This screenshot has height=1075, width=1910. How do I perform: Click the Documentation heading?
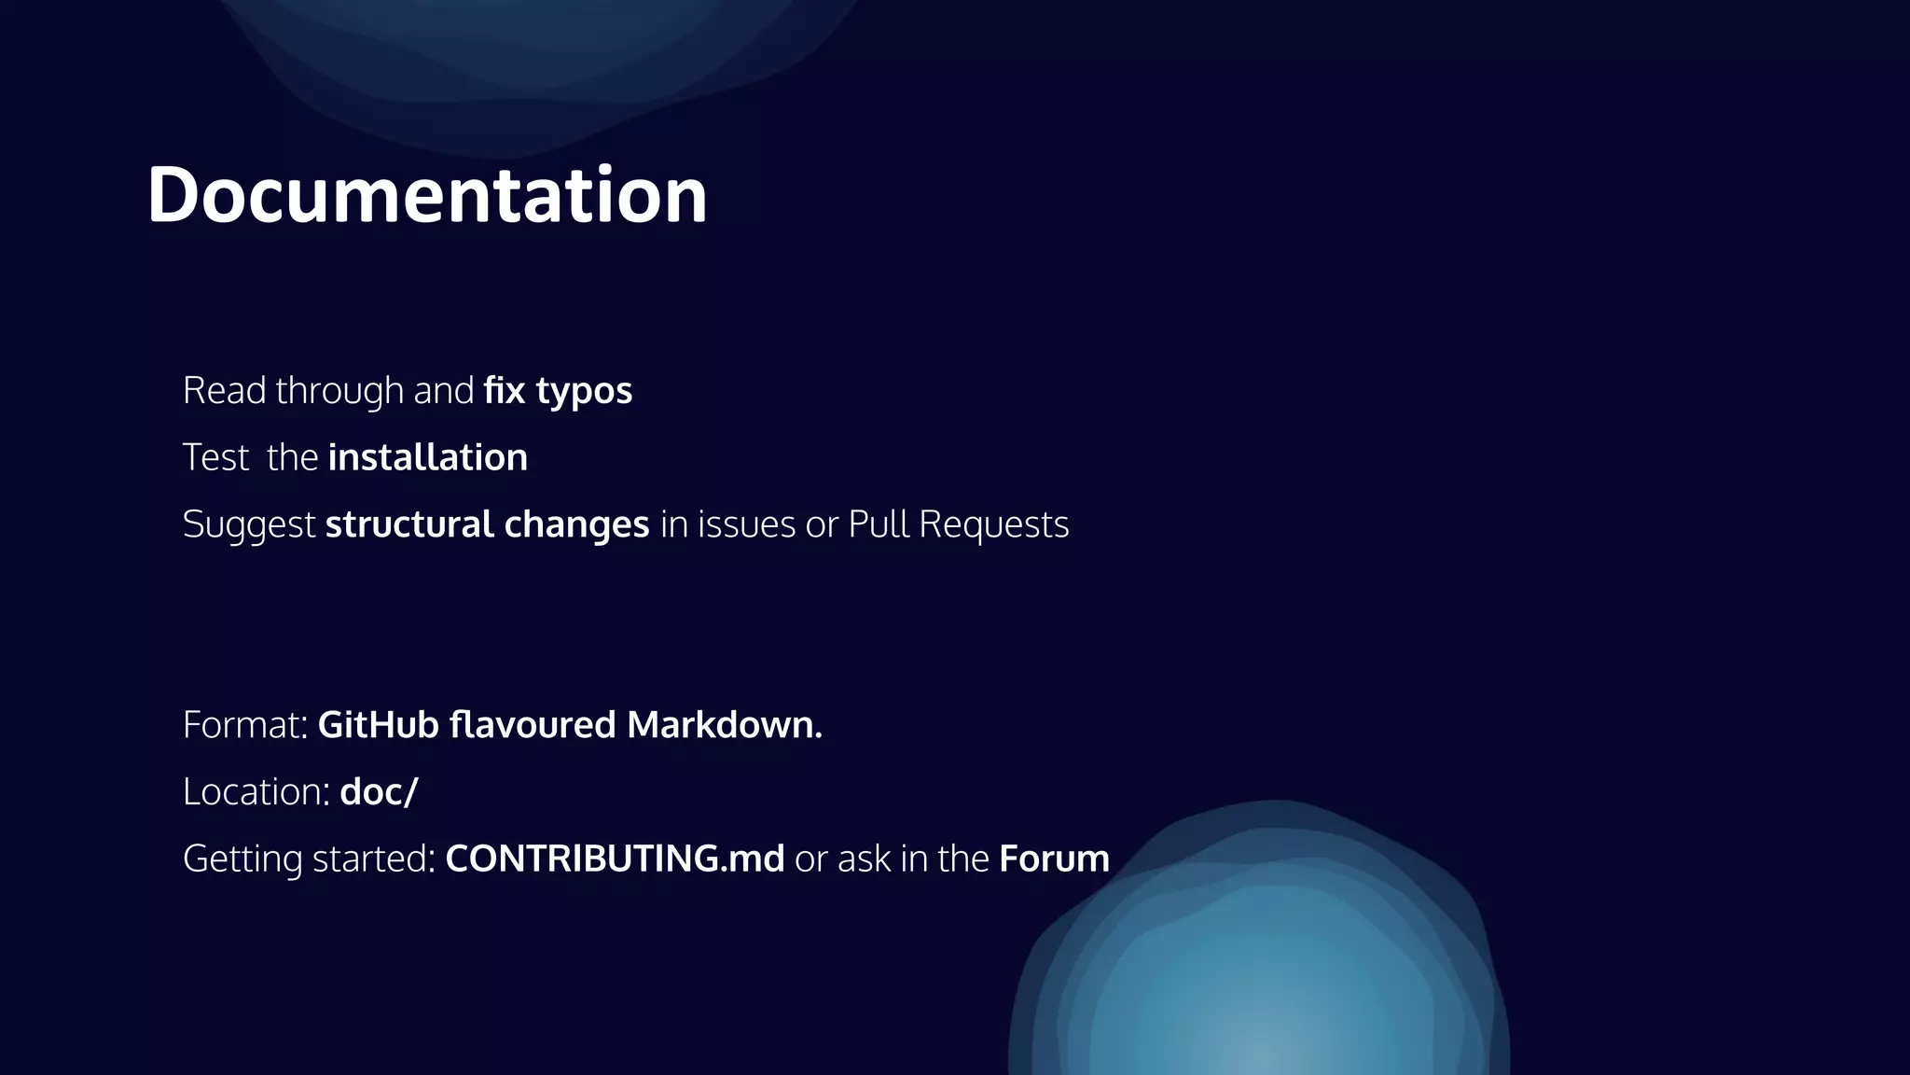[x=427, y=195]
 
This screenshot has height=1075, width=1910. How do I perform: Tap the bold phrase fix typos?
[x=558, y=390]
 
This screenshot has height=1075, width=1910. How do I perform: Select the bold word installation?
[x=428, y=457]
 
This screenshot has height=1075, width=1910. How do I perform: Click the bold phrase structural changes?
[x=487, y=524]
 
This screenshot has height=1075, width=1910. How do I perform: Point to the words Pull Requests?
[x=959, y=524]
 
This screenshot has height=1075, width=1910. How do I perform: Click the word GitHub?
[x=378, y=725]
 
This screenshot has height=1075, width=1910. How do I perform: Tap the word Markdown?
[x=724, y=725]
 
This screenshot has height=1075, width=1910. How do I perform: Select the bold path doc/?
[x=379, y=792]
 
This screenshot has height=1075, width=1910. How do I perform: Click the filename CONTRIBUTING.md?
[x=615, y=859]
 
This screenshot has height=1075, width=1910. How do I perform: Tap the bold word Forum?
[x=1054, y=859]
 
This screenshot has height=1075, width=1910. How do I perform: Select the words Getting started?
[x=309, y=859]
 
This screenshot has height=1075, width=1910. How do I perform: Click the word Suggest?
[x=249, y=524]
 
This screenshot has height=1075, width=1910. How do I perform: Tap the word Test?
[x=215, y=457]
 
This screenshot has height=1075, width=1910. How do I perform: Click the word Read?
[x=224, y=390]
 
